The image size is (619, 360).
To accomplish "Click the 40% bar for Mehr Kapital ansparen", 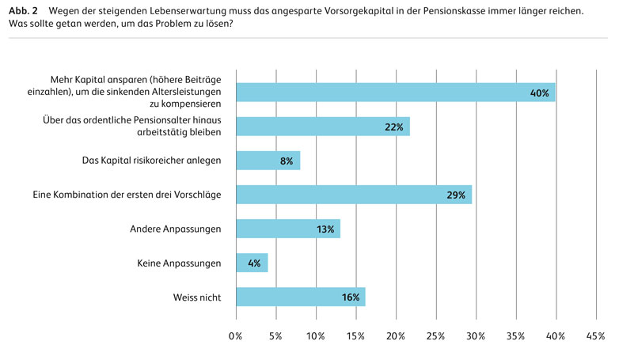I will [x=395, y=93].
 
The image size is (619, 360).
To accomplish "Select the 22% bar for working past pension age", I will [x=323, y=127].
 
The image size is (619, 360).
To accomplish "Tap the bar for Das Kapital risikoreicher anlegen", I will [x=268, y=161].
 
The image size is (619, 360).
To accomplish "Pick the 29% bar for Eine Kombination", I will [x=354, y=195].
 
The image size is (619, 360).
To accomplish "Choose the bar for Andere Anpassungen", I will [x=288, y=229].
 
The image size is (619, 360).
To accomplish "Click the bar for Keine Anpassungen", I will [x=252, y=263].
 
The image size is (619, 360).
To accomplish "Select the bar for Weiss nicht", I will [x=300, y=297].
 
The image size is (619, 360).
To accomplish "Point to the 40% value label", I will [x=539, y=93].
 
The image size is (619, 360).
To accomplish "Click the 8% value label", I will [x=286, y=161].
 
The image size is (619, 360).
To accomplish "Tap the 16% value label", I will [x=351, y=298].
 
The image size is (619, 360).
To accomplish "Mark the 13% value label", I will [x=325, y=230].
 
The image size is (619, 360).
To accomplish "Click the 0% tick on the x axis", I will [x=235, y=336].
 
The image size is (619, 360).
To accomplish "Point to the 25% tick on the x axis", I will [x=435, y=336].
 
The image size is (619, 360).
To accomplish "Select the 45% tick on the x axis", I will [x=595, y=336].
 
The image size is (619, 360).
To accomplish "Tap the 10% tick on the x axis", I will [x=316, y=336].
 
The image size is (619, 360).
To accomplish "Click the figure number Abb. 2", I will [x=23, y=10].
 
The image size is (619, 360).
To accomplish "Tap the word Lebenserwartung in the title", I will [x=180, y=10].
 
